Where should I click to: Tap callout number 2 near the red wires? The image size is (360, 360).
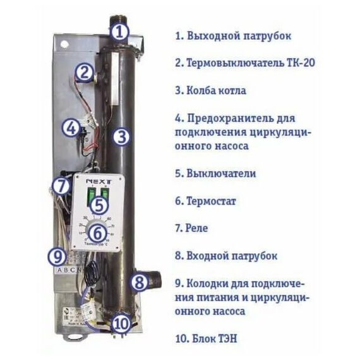click(x=83, y=73)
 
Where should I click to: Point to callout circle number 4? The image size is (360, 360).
click(x=71, y=128)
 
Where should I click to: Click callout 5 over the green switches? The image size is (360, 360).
click(x=97, y=204)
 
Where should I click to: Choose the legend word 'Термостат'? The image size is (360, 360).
click(x=211, y=201)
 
